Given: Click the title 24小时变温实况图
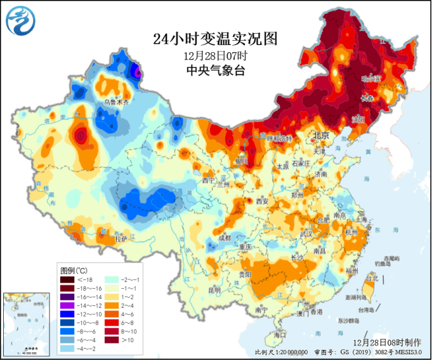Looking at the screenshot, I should point(216,39).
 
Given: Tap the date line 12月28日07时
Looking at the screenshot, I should point(216,55).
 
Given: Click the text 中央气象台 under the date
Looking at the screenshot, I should point(216,70).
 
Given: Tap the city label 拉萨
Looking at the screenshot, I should point(121,239).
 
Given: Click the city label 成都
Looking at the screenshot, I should point(225,237).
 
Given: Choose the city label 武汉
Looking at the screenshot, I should point(308,234).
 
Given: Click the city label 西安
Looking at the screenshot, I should point(263,201).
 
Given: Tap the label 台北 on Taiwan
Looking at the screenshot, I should point(372,277).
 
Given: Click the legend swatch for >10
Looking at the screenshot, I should point(114,340).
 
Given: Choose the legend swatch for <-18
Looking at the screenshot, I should point(68,279).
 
